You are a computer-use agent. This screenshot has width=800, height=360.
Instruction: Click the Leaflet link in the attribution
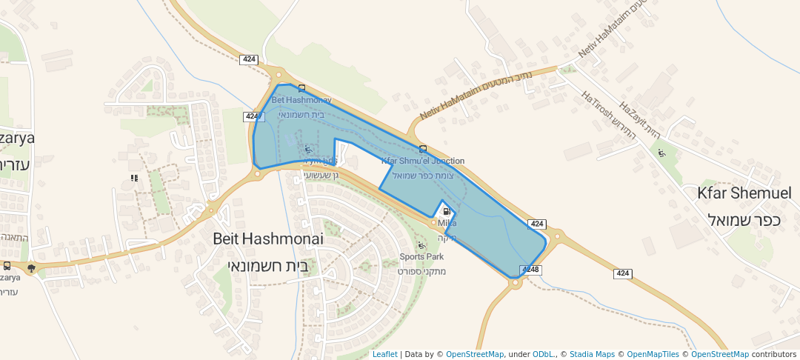[x=384, y=354]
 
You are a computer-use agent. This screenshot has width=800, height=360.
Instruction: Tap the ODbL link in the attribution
[x=544, y=354]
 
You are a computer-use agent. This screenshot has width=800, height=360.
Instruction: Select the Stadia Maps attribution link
[x=592, y=354]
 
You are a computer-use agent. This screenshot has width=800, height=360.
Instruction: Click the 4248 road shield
[x=530, y=270]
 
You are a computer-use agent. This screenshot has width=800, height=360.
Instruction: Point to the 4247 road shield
[x=252, y=116]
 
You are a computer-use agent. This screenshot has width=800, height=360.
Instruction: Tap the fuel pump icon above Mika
[x=446, y=211]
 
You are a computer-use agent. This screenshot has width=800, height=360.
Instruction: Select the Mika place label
[x=447, y=223]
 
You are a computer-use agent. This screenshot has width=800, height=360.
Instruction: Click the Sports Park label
[x=421, y=257]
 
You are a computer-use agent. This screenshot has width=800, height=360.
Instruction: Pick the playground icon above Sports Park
[x=421, y=244]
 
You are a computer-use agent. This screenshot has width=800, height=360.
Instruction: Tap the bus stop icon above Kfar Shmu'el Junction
[x=422, y=148]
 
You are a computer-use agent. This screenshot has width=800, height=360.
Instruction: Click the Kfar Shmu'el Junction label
[x=423, y=161]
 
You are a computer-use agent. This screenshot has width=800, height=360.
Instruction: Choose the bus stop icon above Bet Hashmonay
[x=301, y=89]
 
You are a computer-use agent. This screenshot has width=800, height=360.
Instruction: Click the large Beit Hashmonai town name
[x=268, y=239]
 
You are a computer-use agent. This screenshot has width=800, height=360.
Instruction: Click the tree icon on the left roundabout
[x=31, y=268]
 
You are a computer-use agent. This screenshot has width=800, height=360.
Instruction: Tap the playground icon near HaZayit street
[x=661, y=153]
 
